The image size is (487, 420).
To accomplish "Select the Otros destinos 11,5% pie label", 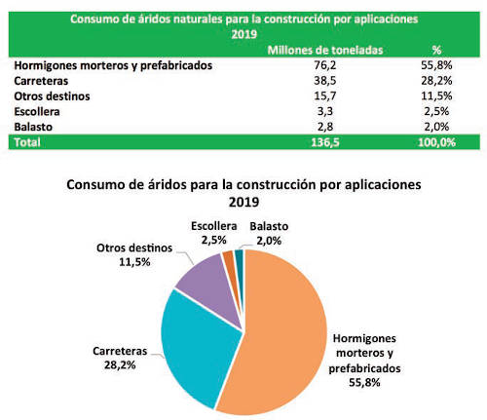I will point(133,254).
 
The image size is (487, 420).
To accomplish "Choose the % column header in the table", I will point(434,48).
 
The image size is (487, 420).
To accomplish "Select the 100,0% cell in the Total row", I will point(434,142).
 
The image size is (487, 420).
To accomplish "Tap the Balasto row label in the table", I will point(35,127).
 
